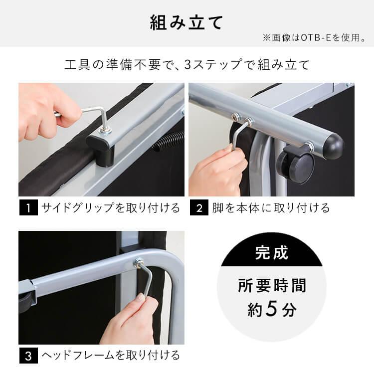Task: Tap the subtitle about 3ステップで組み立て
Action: (x=187, y=65)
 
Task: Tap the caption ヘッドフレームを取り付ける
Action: (x=111, y=356)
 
